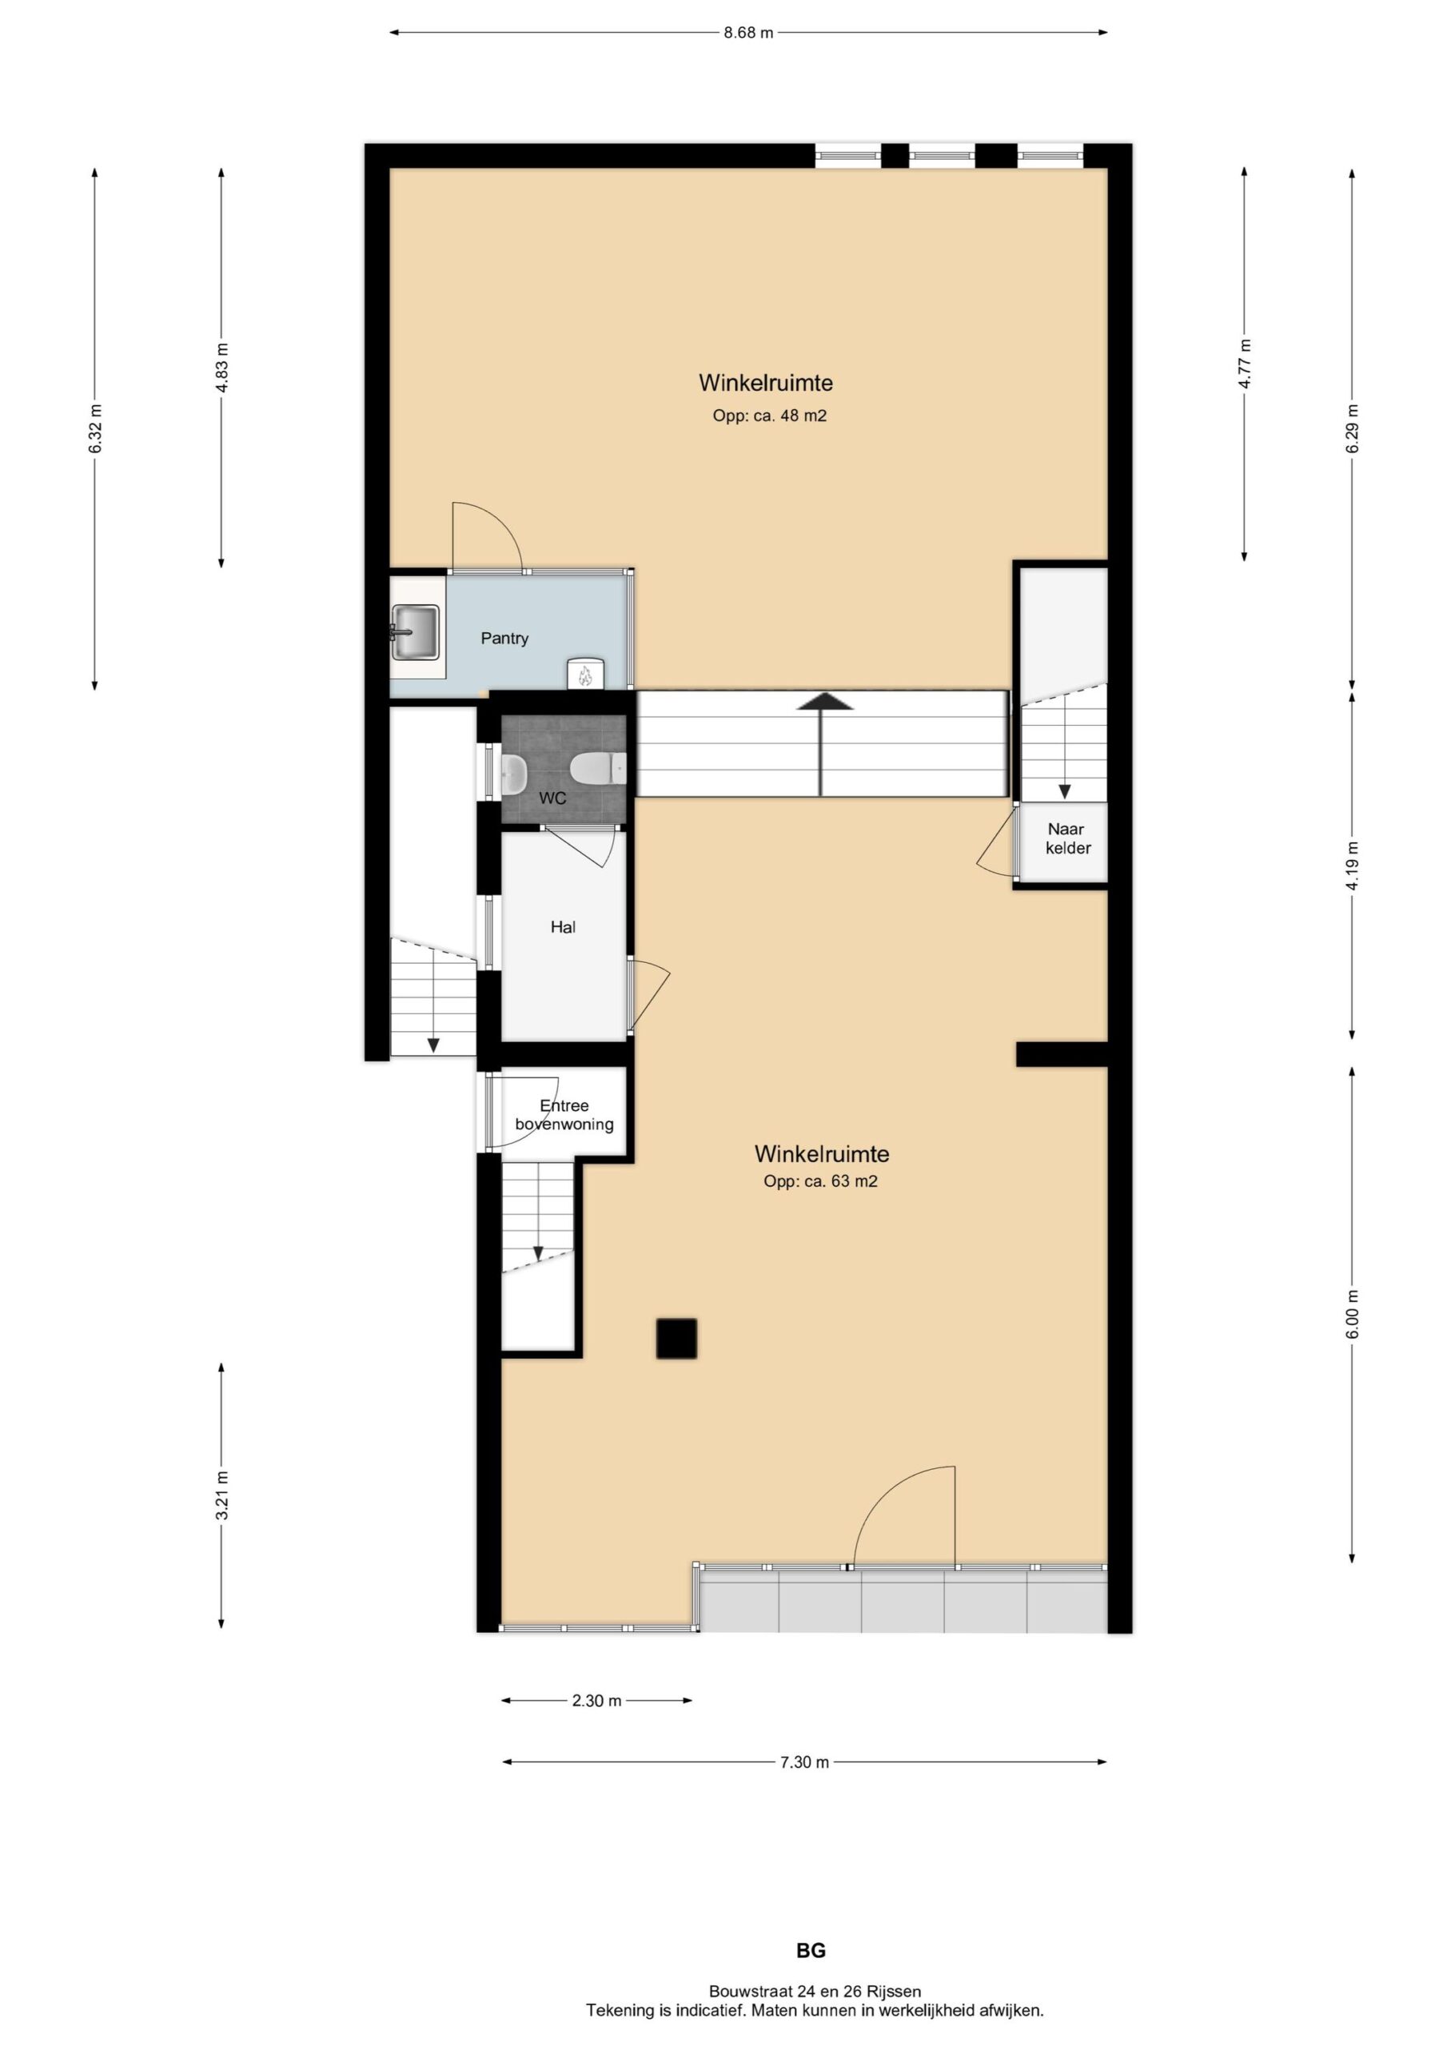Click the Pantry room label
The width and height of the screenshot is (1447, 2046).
tap(504, 638)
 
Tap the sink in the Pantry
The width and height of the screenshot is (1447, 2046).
tap(415, 633)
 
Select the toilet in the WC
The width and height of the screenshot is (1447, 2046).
tap(598, 767)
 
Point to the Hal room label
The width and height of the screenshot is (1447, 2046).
tap(563, 927)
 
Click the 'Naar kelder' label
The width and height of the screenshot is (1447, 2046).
tap(1067, 838)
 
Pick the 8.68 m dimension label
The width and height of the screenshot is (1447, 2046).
tap(748, 33)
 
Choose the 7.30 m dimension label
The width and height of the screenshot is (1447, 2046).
tap(804, 1761)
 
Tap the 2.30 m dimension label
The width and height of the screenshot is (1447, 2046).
tap(596, 1700)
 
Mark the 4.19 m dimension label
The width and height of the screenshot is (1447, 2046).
tap(1353, 866)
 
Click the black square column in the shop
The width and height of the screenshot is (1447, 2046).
tap(676, 1339)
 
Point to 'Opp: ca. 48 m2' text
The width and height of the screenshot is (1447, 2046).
tap(769, 416)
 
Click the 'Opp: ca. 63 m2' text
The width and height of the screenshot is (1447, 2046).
tap(820, 1181)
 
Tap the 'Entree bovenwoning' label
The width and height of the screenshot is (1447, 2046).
tap(564, 1115)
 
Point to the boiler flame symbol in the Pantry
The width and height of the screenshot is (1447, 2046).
tap(585, 675)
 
